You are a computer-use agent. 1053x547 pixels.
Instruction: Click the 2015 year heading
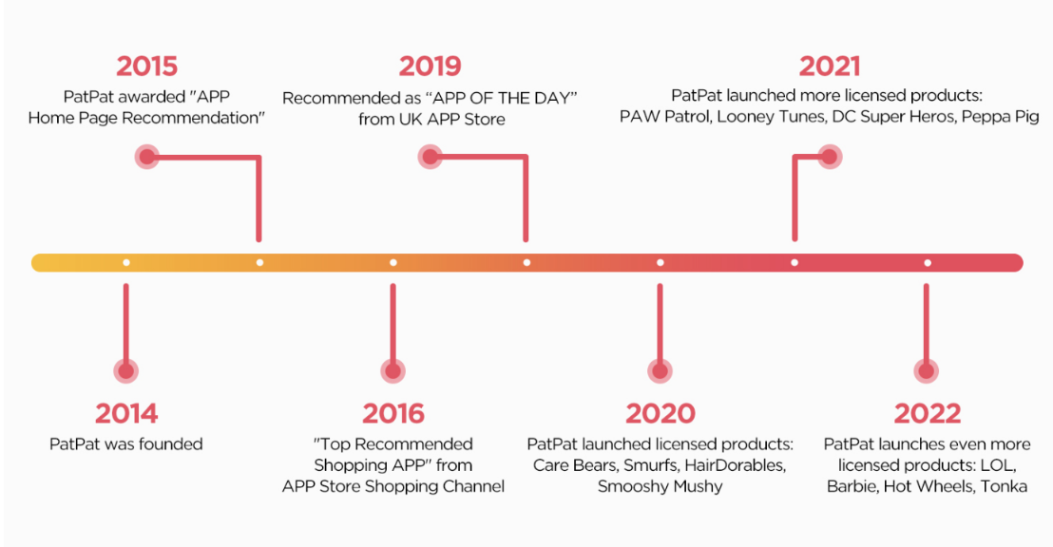click(x=146, y=66)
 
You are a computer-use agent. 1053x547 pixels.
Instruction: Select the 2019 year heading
click(x=430, y=66)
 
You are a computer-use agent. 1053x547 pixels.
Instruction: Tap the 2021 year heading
click(x=830, y=66)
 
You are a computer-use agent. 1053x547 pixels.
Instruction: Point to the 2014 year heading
click(x=126, y=413)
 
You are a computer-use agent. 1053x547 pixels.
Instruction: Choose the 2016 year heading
click(x=392, y=413)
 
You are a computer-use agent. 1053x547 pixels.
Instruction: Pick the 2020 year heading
click(x=661, y=413)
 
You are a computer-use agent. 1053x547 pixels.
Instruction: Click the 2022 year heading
click(x=927, y=413)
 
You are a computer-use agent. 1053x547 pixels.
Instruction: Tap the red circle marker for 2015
click(x=147, y=157)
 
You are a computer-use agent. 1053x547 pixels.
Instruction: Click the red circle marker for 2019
click(x=431, y=157)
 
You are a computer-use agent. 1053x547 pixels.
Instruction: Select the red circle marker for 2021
click(x=830, y=157)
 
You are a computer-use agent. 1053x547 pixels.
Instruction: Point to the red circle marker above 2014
click(x=125, y=370)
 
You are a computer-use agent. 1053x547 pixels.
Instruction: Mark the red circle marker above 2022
click(x=926, y=370)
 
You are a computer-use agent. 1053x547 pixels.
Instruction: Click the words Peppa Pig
click(x=1000, y=117)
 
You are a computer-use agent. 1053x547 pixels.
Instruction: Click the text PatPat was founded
click(x=126, y=444)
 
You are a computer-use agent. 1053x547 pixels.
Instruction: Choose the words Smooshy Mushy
click(x=661, y=486)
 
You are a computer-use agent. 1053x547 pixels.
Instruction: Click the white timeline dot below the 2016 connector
click(x=392, y=262)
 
